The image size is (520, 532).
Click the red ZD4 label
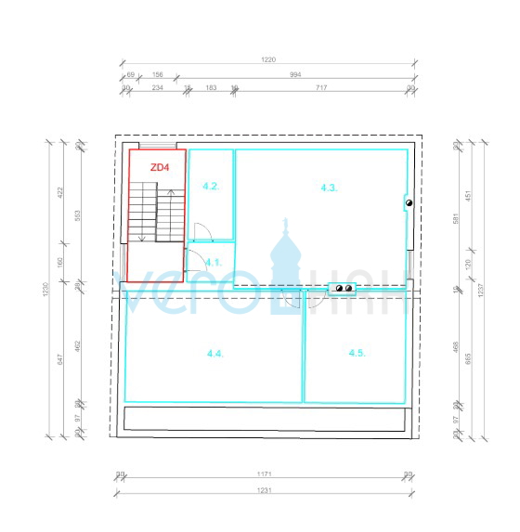click(160, 167)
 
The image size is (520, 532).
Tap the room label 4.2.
click(211, 187)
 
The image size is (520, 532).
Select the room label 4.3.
click(329, 188)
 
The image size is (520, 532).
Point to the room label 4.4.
click(215, 353)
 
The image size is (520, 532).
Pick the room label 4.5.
click(357, 353)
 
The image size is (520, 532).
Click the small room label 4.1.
click(213, 262)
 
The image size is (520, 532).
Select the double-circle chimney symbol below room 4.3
click(344, 289)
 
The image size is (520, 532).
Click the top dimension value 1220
click(268, 58)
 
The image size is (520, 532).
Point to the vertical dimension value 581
click(470, 219)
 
